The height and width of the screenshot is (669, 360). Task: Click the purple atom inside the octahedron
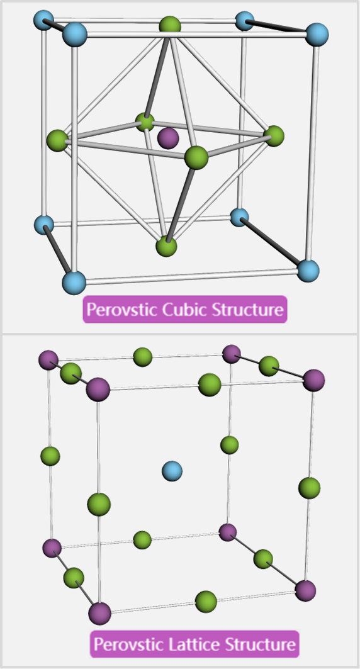(168, 138)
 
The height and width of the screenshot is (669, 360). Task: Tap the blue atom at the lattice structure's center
(172, 471)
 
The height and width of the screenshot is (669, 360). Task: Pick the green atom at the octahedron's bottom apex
(166, 246)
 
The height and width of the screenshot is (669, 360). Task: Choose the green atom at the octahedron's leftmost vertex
(57, 140)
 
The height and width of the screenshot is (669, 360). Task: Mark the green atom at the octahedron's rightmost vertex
(273, 136)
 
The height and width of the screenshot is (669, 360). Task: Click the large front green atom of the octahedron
(196, 157)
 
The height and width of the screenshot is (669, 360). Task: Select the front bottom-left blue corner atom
(74, 282)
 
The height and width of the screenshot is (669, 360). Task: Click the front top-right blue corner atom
(317, 35)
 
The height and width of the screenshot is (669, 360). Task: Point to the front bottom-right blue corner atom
(308, 270)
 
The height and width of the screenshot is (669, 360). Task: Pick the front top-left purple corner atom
(98, 389)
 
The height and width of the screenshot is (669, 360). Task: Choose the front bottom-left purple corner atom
(100, 614)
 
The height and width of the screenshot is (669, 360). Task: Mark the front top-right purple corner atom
(314, 380)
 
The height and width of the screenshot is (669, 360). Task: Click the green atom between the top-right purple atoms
(269, 366)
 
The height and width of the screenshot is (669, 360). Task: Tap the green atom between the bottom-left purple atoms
(74, 578)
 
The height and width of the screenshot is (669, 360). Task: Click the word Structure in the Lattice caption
(260, 643)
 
